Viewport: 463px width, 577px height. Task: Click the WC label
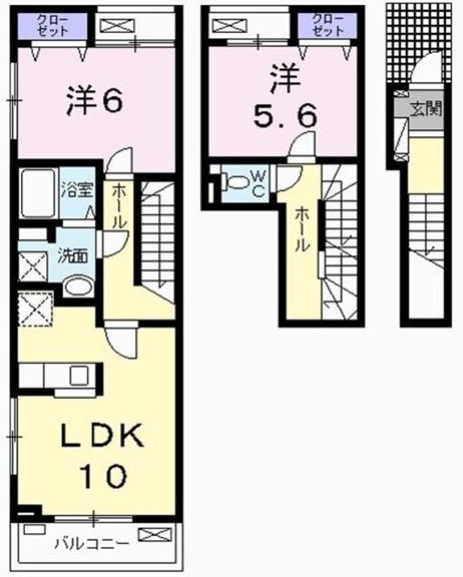[258, 183]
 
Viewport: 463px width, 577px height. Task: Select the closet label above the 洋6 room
[51, 25]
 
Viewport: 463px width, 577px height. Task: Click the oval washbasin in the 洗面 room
[78, 287]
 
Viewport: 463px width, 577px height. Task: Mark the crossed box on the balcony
[154, 534]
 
